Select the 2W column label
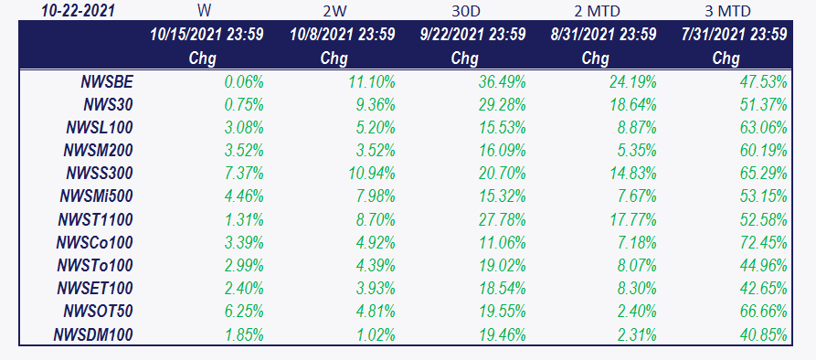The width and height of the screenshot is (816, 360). (334, 11)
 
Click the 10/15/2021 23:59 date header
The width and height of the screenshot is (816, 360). (207, 35)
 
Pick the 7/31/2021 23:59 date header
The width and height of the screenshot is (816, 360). (735, 35)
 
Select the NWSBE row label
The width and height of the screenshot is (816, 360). (107, 81)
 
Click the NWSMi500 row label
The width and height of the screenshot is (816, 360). (96, 196)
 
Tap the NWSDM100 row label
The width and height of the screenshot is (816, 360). (93, 334)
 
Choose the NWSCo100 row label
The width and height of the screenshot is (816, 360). (95, 242)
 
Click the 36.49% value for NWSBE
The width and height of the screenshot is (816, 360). (502, 81)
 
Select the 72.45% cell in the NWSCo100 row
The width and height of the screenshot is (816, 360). (763, 242)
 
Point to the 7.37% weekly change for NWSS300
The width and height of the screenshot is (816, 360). (244, 174)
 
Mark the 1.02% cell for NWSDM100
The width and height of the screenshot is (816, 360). (376, 334)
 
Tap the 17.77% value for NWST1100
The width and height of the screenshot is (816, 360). (632, 219)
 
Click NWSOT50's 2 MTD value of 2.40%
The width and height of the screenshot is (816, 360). (637, 311)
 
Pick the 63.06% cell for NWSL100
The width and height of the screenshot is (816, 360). (763, 127)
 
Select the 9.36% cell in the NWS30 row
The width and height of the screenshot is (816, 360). (376, 104)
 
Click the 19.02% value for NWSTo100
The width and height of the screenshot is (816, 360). (502, 265)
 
